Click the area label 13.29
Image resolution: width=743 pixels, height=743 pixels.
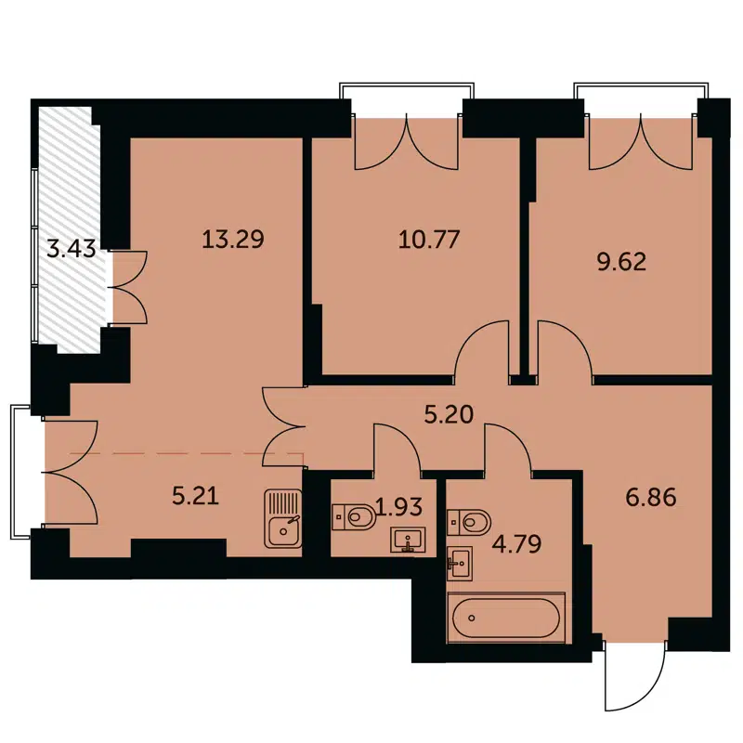click(233, 240)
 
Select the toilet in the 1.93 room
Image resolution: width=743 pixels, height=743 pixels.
click(353, 515)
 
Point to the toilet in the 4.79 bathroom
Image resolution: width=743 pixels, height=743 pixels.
click(470, 519)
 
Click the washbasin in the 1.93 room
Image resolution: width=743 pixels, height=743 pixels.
click(408, 539)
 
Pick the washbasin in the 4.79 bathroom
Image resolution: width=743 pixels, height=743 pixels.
click(458, 561)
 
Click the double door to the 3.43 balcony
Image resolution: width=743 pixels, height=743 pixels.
click(128, 287)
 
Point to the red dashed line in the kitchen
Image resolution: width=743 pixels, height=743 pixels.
click(186, 454)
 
